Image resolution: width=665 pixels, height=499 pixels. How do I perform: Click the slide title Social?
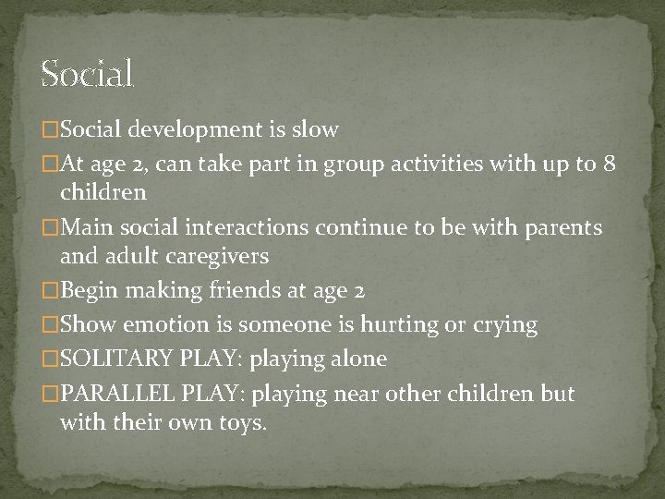[x=88, y=72]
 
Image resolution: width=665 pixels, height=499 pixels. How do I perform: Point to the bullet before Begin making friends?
[x=49, y=291]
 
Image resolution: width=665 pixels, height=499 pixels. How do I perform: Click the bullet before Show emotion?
[x=49, y=325]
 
